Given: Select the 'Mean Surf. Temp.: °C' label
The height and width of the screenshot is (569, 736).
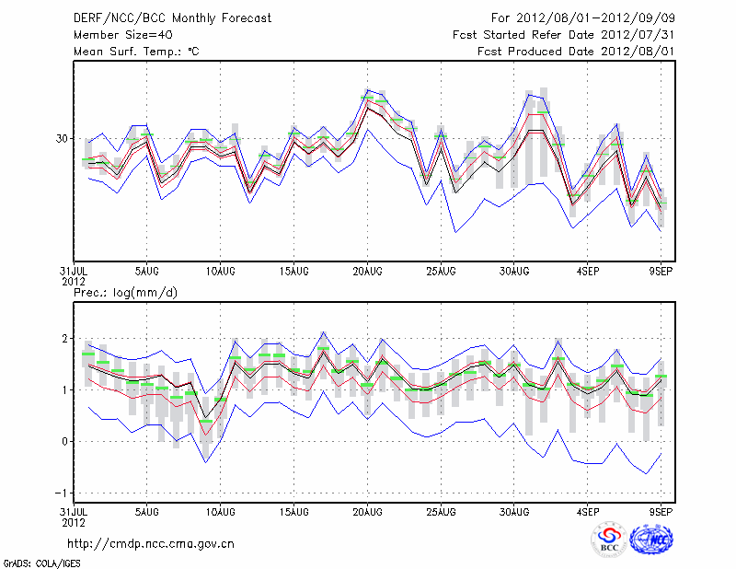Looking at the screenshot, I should click(136, 52).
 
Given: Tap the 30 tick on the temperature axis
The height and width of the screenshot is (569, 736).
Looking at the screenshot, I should click(63, 138).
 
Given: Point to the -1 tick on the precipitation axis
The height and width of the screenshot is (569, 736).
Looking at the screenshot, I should click(63, 493).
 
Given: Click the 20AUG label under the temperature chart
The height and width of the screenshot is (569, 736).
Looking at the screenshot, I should click(367, 271).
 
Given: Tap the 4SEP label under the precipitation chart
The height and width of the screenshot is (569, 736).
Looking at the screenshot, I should click(588, 511).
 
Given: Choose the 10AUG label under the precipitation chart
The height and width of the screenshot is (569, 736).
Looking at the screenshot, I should click(220, 511).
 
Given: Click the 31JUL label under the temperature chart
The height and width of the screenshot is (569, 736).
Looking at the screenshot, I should click(74, 271).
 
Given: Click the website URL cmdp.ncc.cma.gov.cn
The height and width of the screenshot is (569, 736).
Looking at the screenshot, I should click(151, 543).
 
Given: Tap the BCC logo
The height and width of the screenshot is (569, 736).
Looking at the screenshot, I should click(608, 540).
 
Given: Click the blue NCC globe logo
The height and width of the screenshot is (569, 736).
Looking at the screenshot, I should click(650, 540).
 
